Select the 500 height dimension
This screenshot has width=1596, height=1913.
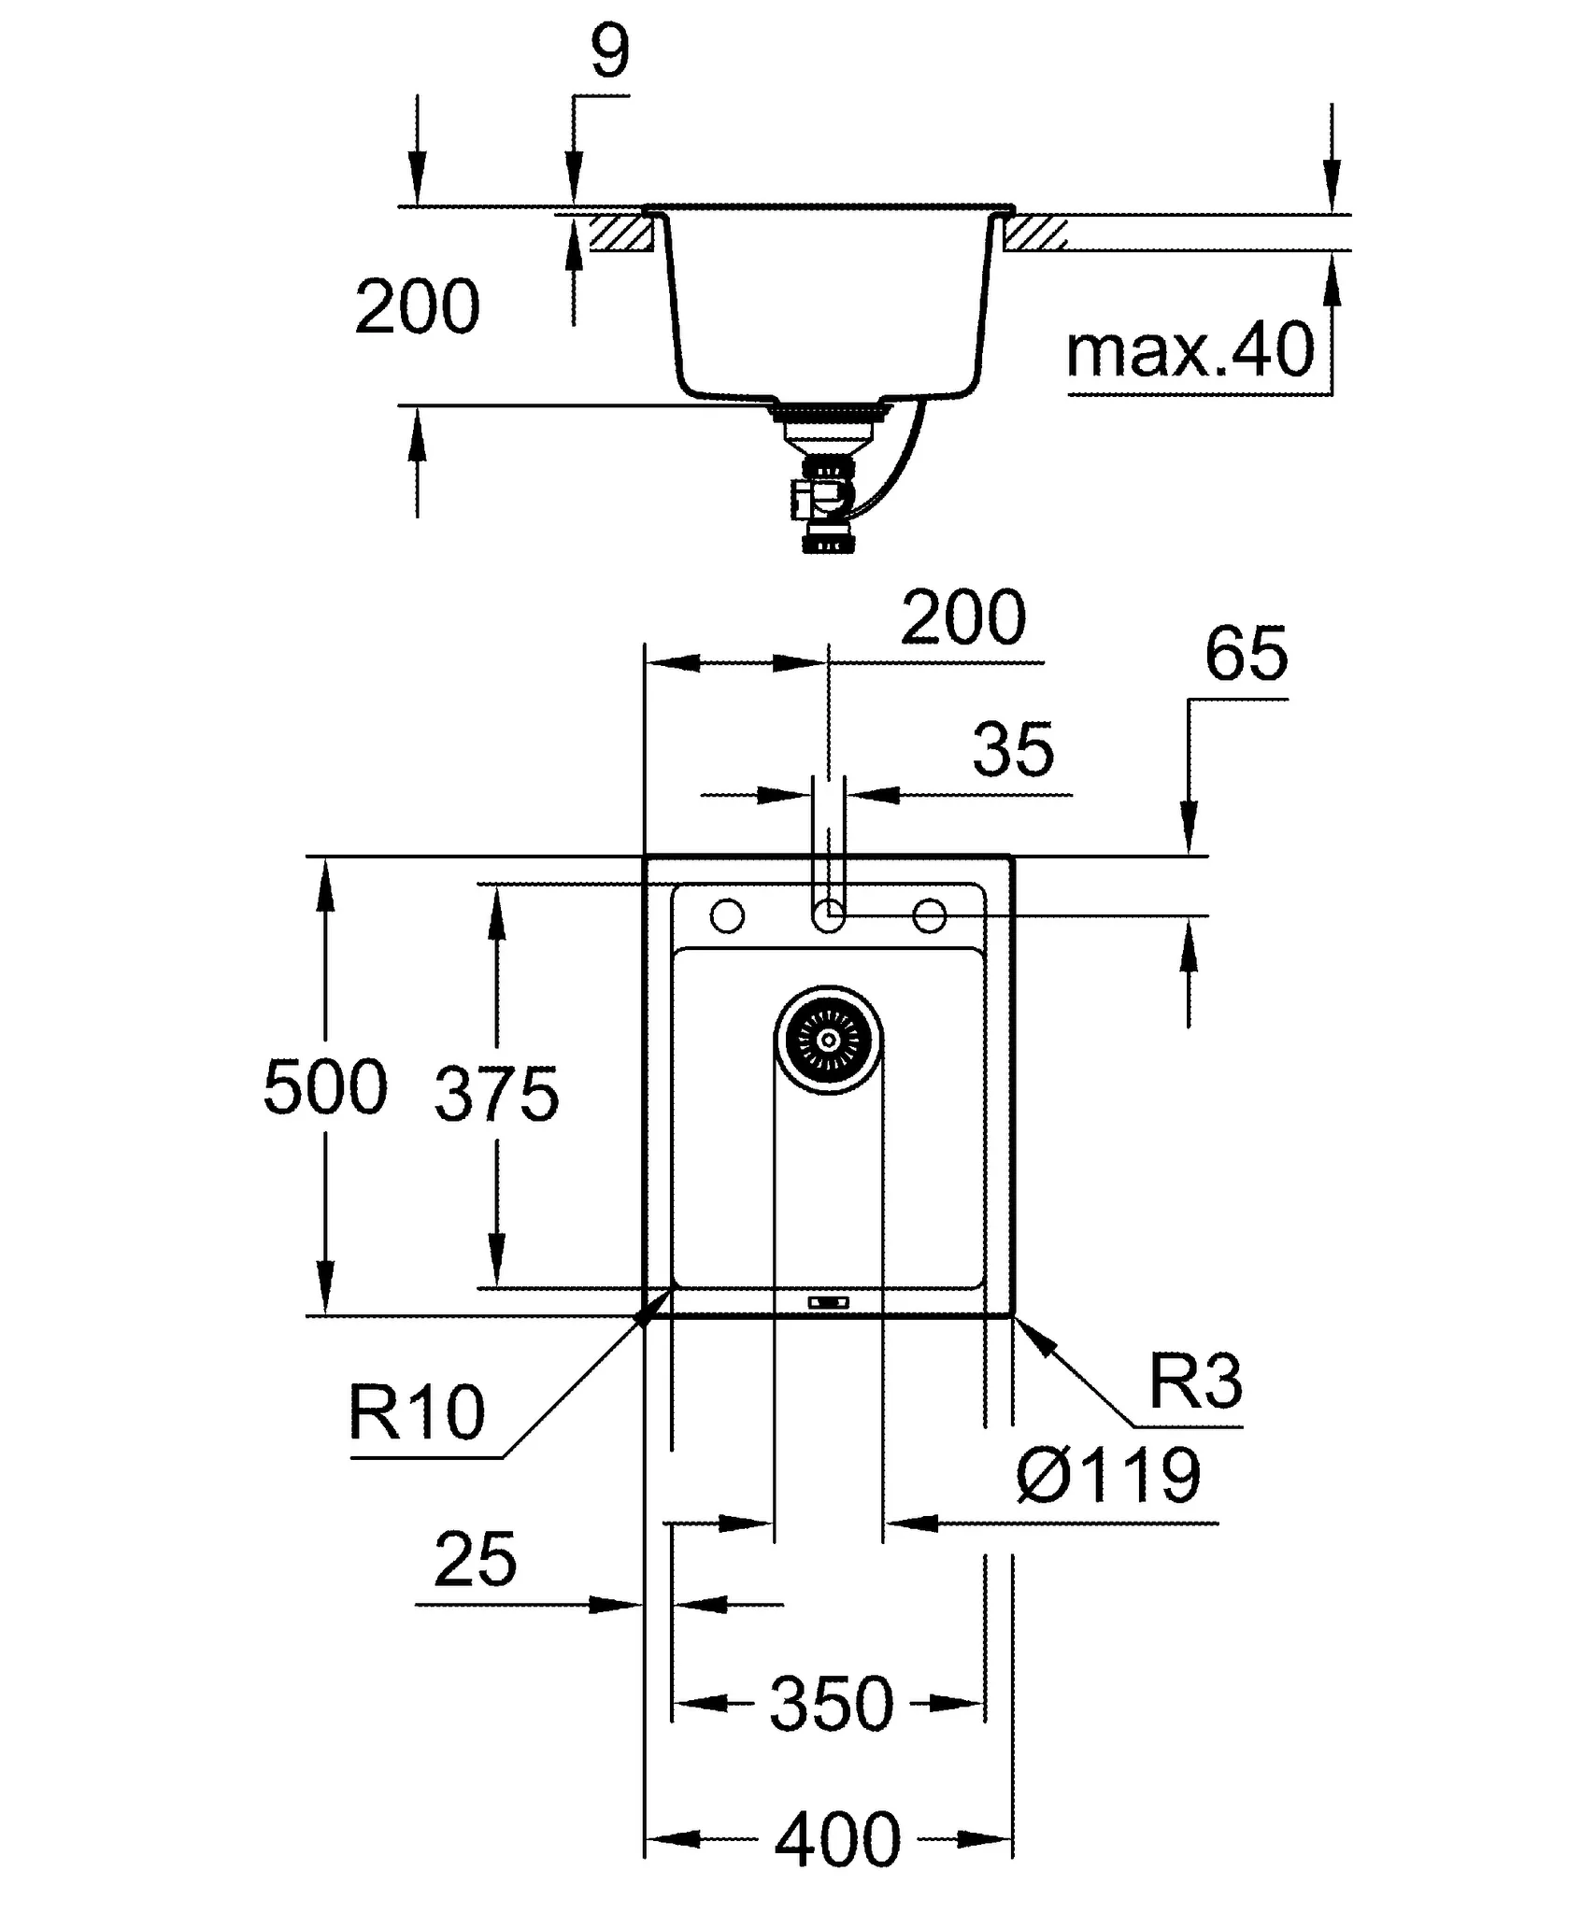coord(325,1086)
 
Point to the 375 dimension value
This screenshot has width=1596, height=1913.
coord(496,1093)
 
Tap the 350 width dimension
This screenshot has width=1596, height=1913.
coord(831,1704)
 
